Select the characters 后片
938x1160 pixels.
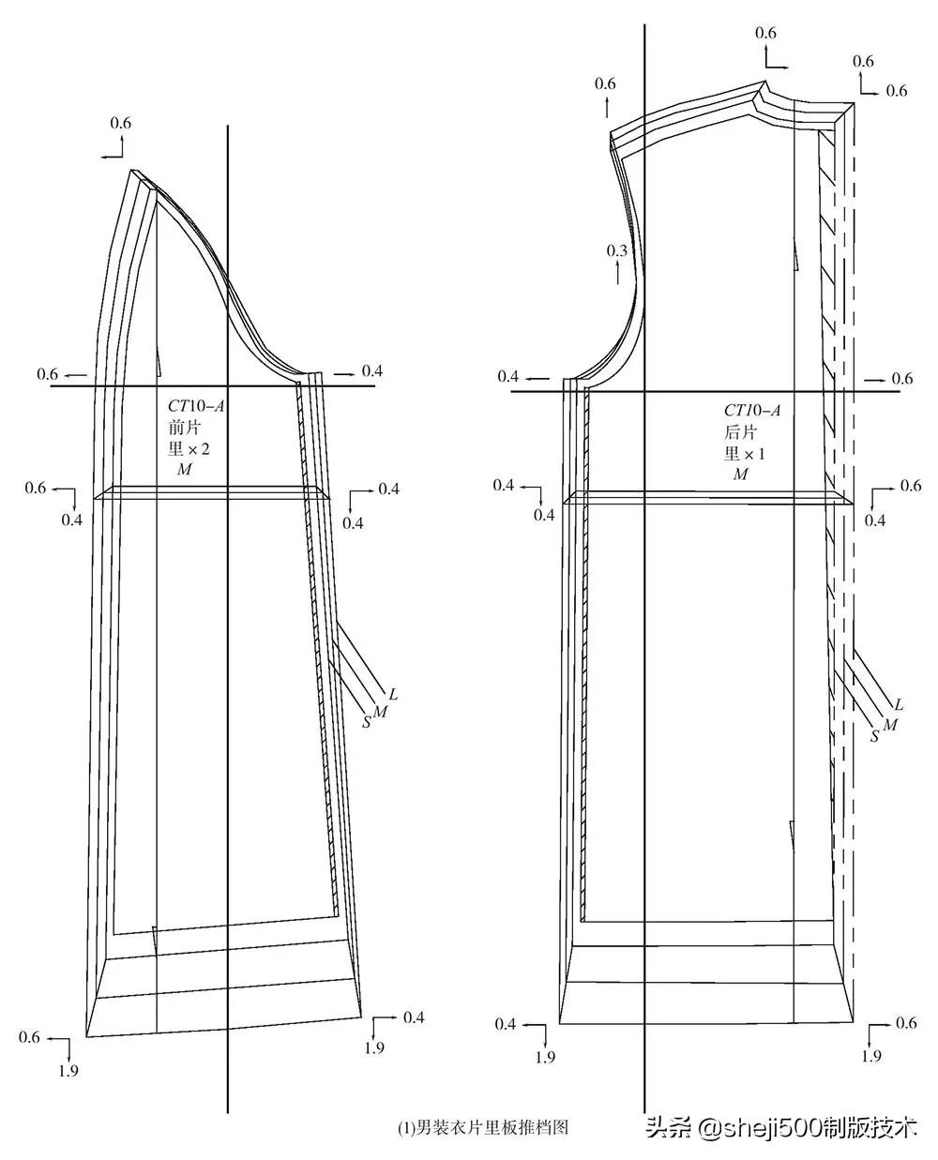[740, 432]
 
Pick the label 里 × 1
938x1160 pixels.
[745, 454]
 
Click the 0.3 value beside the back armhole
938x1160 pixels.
[616, 251]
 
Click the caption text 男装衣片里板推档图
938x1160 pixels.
[483, 1128]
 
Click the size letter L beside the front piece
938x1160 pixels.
[394, 695]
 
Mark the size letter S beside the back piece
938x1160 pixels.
[874, 737]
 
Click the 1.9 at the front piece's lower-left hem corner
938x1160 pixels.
[68, 1071]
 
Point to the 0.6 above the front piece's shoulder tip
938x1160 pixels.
[121, 123]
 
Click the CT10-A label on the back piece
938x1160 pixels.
[751, 411]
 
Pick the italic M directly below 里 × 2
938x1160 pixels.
[184, 470]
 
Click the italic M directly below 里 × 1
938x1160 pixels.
[741, 475]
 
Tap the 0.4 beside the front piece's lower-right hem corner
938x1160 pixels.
[414, 1017]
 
